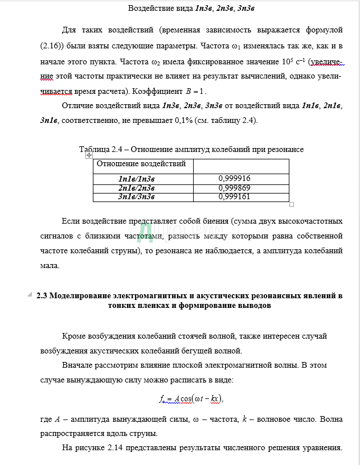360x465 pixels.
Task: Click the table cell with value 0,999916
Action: coord(234,179)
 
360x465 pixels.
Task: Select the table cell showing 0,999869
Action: coord(234,188)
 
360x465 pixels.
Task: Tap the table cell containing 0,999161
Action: coord(234,197)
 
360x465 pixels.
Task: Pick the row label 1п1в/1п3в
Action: coord(136,179)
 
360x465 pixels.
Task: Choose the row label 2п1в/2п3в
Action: coord(136,188)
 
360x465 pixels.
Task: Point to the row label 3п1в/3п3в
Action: coord(136,197)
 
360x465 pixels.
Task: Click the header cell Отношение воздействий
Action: coord(141,164)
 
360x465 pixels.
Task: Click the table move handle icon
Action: coord(89,155)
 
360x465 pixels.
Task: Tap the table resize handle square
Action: coord(292,204)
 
